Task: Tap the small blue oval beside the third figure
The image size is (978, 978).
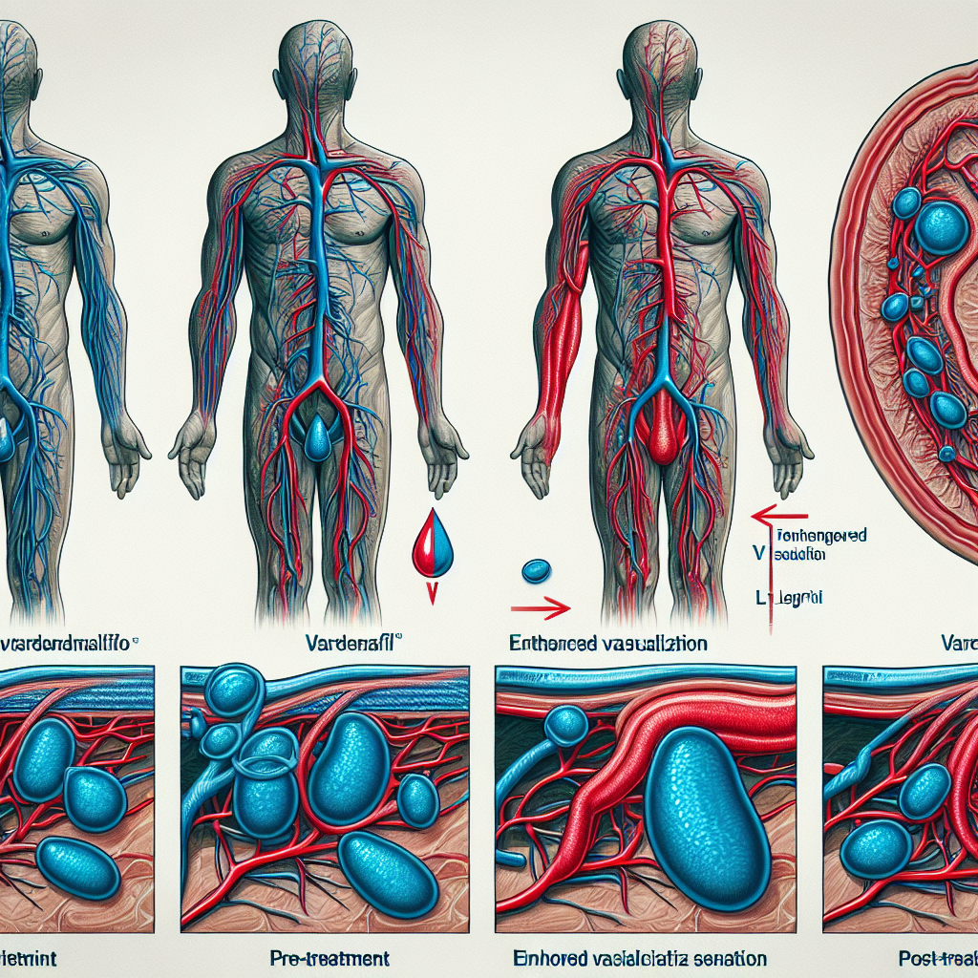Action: point(537,571)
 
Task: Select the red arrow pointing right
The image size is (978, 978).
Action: point(541,606)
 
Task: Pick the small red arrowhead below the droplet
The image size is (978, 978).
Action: point(432,593)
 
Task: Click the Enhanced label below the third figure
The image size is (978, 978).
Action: point(608,644)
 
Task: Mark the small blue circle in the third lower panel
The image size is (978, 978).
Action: point(566,725)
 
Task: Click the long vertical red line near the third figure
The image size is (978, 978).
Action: point(770,573)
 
